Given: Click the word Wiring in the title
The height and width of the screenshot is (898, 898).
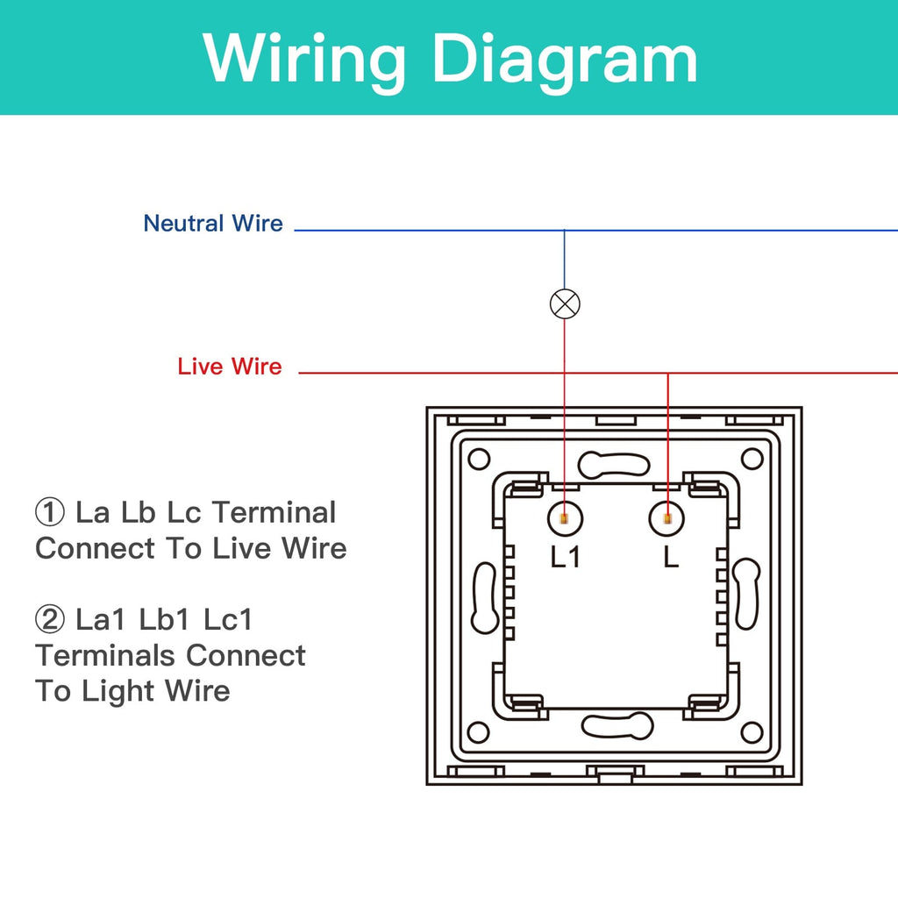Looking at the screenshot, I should [x=306, y=58].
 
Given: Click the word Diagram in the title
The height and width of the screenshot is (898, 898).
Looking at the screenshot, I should [x=565, y=58].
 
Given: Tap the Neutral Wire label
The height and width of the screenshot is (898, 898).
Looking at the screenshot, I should [x=213, y=224].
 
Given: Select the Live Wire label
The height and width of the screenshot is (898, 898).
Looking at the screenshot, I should [x=230, y=367].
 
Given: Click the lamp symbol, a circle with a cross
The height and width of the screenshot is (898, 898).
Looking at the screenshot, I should [x=565, y=303].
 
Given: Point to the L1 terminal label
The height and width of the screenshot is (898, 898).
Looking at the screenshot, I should [x=566, y=557].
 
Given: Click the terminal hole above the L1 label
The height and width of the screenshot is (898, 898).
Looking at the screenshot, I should [x=564, y=519].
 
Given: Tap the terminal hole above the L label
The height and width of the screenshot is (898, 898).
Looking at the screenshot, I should [x=667, y=519].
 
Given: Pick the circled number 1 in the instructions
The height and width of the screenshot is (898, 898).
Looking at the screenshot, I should [x=49, y=512].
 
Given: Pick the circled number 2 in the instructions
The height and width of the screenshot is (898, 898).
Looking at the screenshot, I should [x=49, y=620].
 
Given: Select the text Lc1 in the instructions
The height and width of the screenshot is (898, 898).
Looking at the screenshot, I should [x=228, y=620].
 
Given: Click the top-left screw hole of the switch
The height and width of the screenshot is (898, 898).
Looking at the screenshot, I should [x=478, y=459].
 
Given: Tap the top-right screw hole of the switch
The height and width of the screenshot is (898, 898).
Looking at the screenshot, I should [x=752, y=459].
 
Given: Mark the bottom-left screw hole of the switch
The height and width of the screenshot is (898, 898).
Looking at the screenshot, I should [x=478, y=732].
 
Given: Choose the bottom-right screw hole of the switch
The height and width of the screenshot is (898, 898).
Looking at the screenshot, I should [x=752, y=732].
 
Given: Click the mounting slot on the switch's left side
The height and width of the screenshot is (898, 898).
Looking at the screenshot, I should [x=485, y=596].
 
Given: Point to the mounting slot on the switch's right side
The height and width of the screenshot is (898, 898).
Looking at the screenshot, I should [x=746, y=595].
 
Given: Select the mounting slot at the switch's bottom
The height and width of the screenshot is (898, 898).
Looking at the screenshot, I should [x=616, y=725].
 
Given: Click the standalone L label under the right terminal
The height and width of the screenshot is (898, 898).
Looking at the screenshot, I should [x=671, y=557].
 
